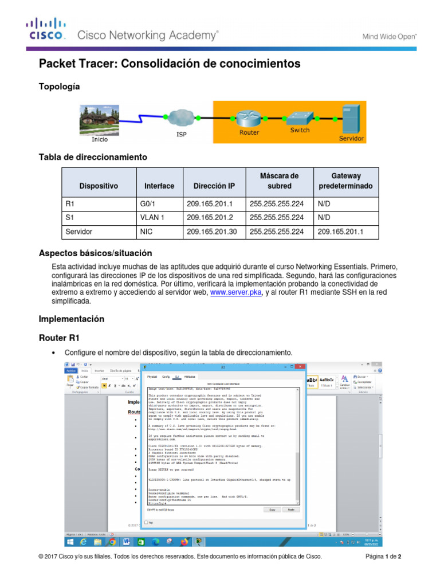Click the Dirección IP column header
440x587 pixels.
pos(214,186)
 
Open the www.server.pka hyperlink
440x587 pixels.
pos(236,292)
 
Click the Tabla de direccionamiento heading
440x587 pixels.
pos(92,156)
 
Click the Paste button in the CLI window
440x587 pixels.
pos(290,509)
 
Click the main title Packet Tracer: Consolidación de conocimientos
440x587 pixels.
pos(169,63)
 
